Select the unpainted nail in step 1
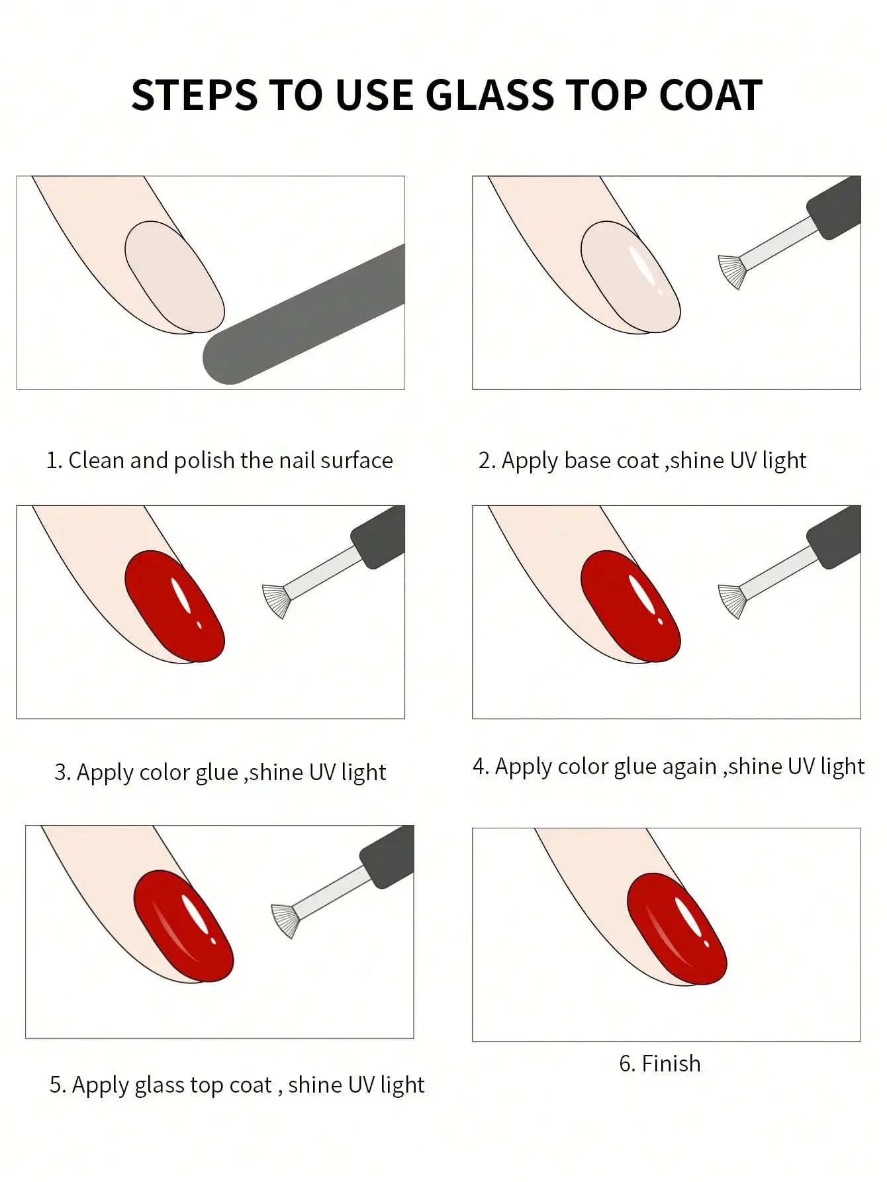point(174,277)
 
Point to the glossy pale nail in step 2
point(630,277)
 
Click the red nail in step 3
point(174,607)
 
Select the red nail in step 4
point(630,607)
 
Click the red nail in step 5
point(183,926)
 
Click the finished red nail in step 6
point(676,928)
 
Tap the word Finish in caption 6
point(671,1063)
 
